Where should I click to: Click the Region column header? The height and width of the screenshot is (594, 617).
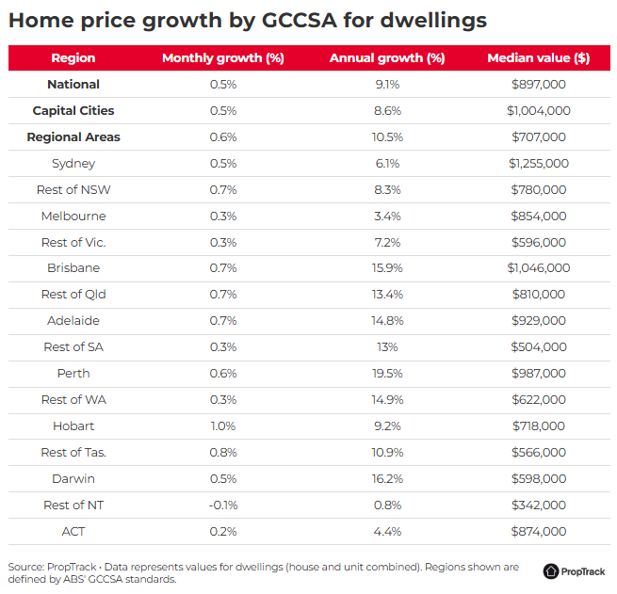tap(73, 58)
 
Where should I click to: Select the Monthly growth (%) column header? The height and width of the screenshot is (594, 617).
tap(223, 58)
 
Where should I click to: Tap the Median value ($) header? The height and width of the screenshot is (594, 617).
tap(538, 58)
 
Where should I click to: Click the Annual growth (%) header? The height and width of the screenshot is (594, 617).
tap(387, 58)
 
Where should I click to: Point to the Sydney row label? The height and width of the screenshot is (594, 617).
tap(73, 164)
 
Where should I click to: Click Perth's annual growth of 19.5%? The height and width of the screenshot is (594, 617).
tap(387, 374)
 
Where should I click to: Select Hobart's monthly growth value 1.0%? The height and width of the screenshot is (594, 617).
tap(223, 426)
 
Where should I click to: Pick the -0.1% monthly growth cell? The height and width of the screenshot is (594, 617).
tap(223, 506)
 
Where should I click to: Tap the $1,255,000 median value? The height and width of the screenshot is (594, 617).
tap(538, 164)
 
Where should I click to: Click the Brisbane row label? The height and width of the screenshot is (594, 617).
tap(73, 268)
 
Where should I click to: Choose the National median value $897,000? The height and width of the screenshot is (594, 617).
tap(538, 85)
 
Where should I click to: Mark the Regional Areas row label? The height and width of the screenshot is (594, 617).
tap(73, 137)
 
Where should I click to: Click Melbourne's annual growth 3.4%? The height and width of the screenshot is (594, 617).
tap(387, 217)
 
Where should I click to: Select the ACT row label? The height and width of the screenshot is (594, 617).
tap(73, 532)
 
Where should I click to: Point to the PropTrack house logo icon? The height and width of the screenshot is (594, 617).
tap(551, 571)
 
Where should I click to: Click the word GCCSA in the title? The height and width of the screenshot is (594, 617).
tap(299, 21)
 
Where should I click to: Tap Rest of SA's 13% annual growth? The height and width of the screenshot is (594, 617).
tap(387, 347)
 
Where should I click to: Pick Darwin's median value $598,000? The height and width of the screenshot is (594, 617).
tap(538, 479)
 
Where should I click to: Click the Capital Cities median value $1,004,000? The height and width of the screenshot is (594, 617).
tap(538, 111)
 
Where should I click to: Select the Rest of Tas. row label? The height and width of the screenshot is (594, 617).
tap(73, 453)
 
